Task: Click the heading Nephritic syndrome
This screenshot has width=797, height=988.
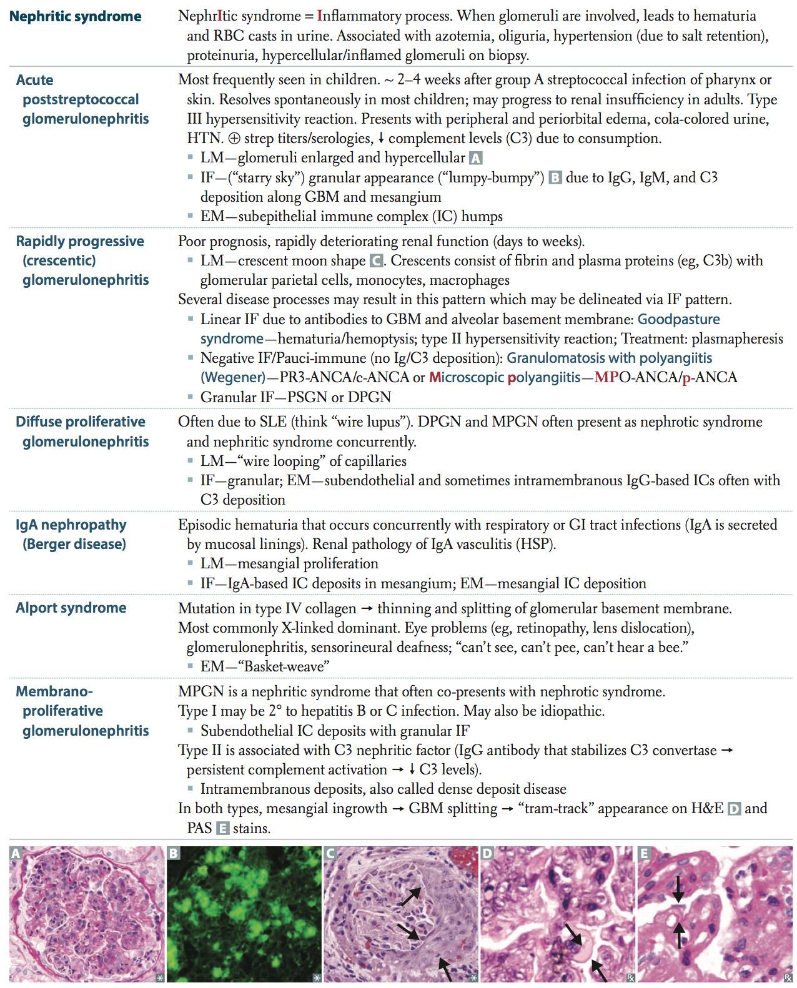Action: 76,16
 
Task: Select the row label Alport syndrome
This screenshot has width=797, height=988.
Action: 71,608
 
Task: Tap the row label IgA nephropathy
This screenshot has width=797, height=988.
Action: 71,525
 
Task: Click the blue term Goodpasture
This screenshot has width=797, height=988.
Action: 678,319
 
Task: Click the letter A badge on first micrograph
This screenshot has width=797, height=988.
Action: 16,854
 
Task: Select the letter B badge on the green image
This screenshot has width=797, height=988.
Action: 173,854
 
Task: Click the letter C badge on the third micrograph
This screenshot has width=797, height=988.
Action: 331,854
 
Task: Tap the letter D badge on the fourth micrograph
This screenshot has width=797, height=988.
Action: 488,854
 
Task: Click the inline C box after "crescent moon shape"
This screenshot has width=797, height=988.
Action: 376,260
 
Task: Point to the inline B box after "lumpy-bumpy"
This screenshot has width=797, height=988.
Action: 555,178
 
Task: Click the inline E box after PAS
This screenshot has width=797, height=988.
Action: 222,829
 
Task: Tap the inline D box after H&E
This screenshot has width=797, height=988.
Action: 734,809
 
